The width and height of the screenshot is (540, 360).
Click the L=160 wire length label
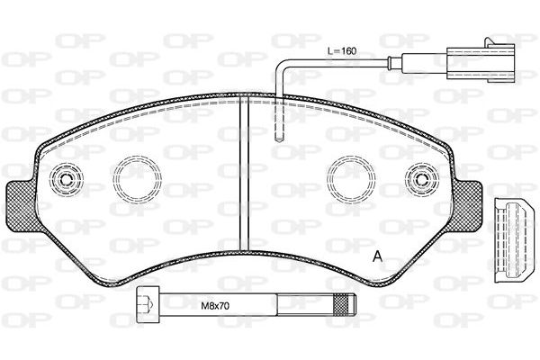pos(342,51)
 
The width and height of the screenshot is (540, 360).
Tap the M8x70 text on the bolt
pos(215,306)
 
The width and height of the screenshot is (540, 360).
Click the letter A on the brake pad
pos(377,256)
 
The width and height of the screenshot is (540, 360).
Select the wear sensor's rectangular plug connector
pos(481,63)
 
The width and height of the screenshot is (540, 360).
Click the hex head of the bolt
pos(148,304)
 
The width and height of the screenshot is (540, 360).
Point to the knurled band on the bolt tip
pos(340,304)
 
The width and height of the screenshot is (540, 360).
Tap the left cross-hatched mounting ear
pos(22,206)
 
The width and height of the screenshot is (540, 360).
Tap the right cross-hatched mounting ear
pos(465,206)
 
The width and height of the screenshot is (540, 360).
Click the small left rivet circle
pos(66,179)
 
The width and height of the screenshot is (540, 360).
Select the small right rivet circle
pos(421,179)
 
